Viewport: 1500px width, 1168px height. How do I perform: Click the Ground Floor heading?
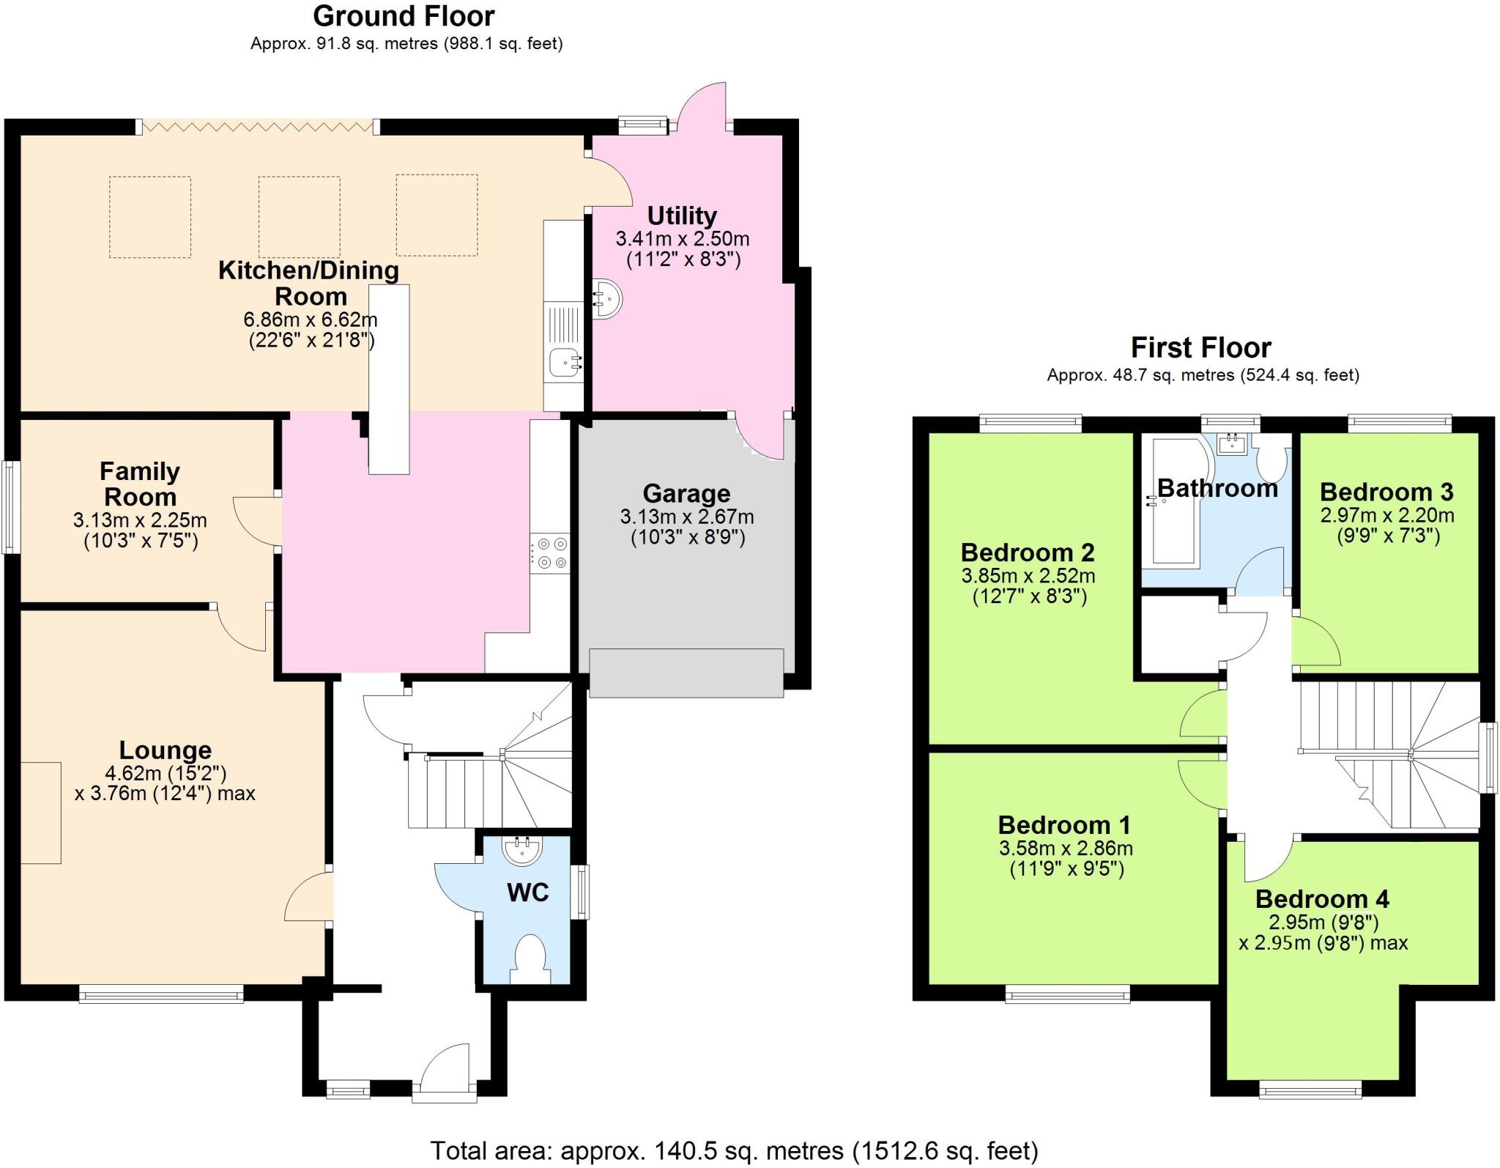[x=404, y=16]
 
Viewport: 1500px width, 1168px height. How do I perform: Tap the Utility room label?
[x=682, y=216]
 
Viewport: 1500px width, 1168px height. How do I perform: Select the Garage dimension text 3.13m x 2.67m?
[x=686, y=517]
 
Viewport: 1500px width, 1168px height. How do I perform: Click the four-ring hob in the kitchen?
[x=550, y=553]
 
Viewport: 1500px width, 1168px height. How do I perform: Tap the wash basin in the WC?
[x=523, y=850]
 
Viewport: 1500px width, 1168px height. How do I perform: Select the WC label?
[x=527, y=892]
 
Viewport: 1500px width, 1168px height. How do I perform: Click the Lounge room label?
[x=166, y=750]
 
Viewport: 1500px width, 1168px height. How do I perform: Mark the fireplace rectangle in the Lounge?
[x=40, y=813]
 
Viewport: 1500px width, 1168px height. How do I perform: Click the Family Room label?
[x=140, y=484]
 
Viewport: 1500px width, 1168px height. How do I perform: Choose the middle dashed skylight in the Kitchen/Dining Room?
[x=299, y=216]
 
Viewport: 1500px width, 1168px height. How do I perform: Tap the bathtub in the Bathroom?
[x=1174, y=503]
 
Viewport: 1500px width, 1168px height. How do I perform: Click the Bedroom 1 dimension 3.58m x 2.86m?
[x=1065, y=849]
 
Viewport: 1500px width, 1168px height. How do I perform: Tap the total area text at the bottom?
[x=734, y=1150]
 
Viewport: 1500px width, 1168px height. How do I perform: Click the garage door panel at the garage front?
[x=686, y=673]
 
